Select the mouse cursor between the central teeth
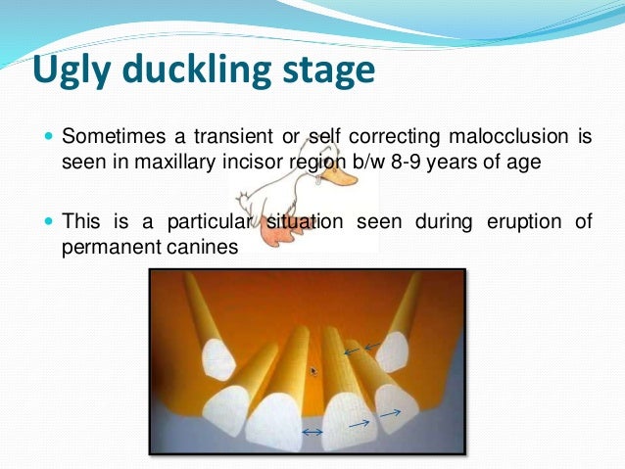point(313,371)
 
